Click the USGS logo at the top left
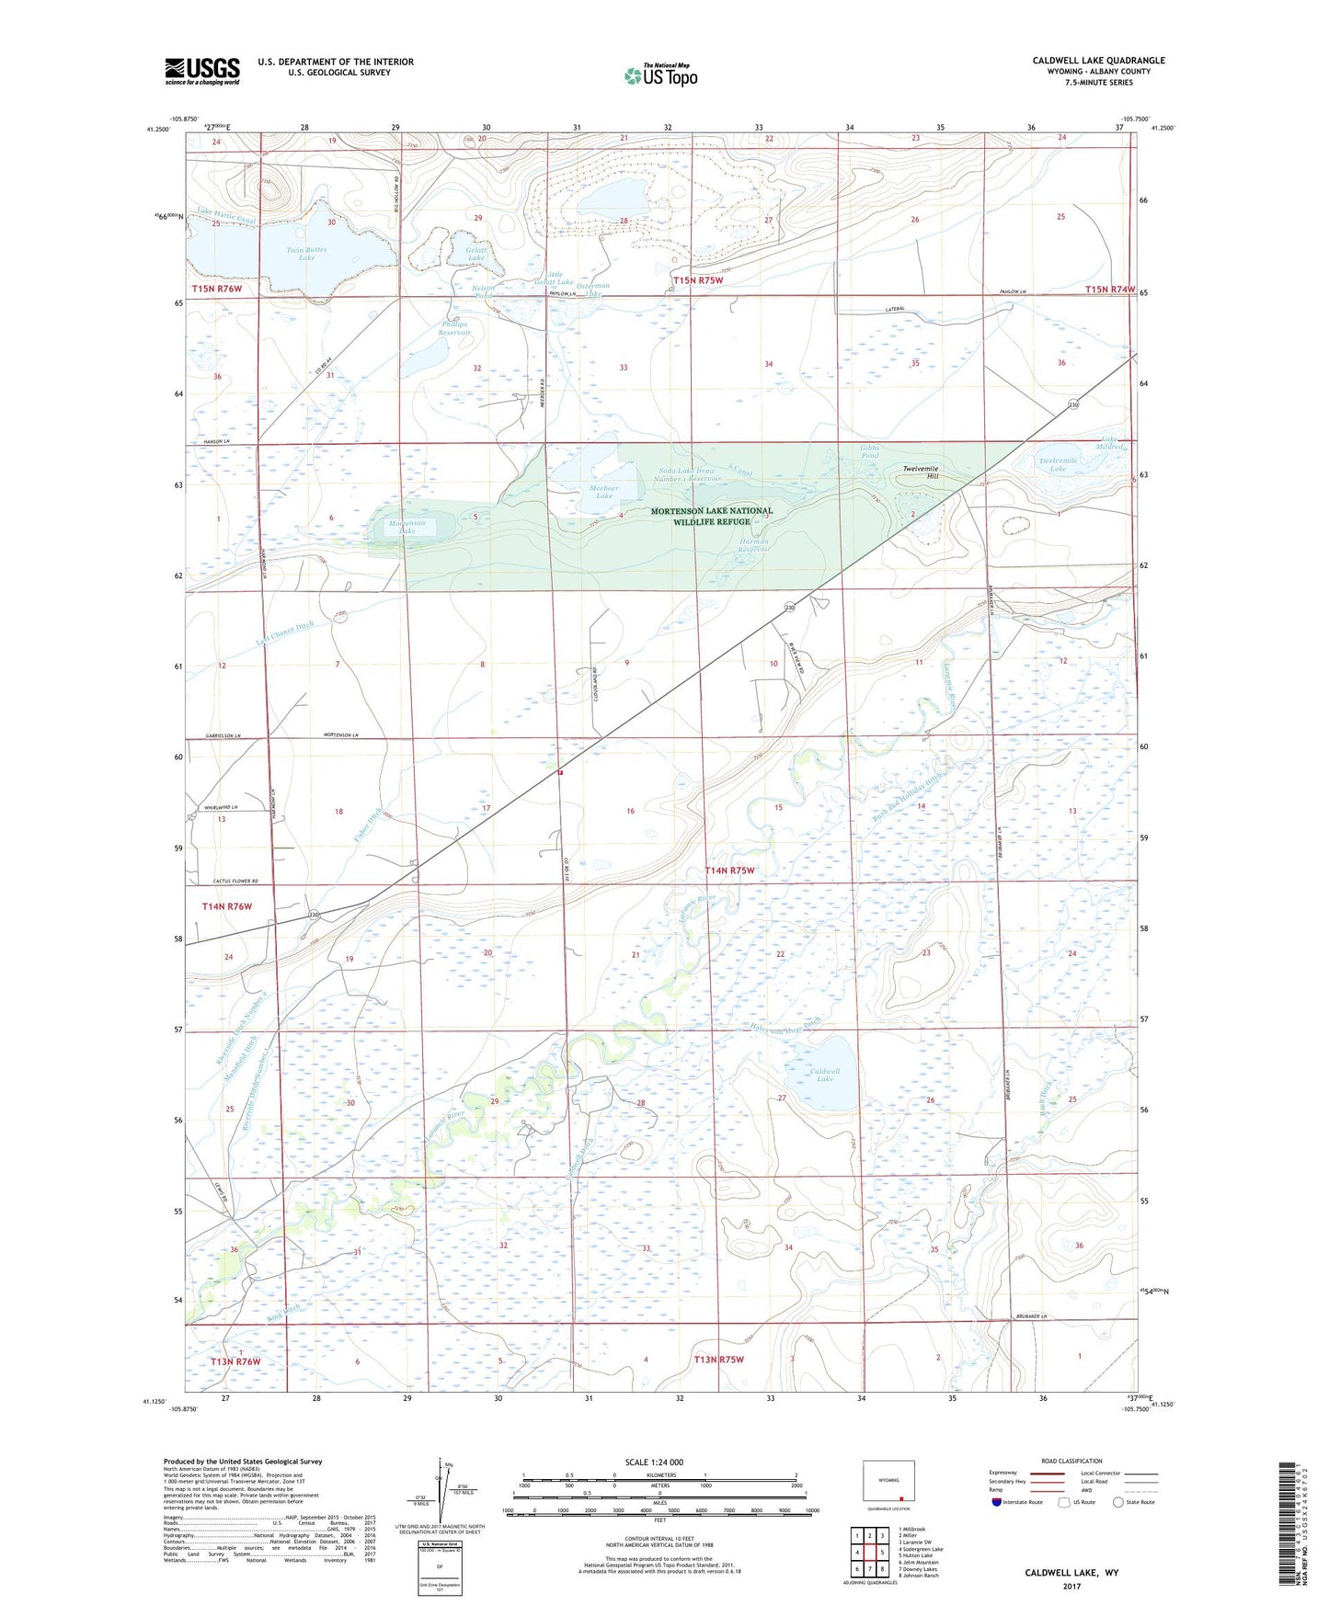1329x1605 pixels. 201,70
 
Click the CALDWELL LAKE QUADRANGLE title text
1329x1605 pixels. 1098,61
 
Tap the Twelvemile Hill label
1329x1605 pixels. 920,472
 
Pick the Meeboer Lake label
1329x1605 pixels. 603,492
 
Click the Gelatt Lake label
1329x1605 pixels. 475,254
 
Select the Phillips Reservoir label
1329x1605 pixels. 454,328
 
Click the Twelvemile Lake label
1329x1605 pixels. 1058,464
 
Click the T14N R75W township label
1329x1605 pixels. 729,870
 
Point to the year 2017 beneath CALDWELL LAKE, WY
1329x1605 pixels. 1071,1586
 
